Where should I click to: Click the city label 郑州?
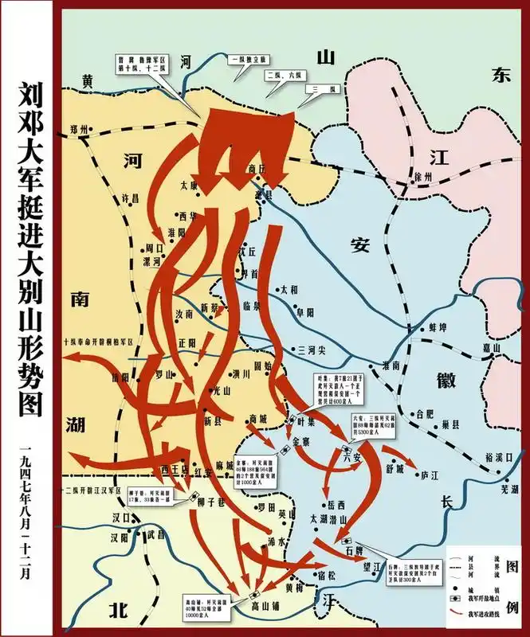[x=80, y=129]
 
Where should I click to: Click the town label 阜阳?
[x=305, y=312]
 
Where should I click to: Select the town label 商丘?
[x=256, y=168]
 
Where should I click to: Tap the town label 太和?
[x=288, y=290]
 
